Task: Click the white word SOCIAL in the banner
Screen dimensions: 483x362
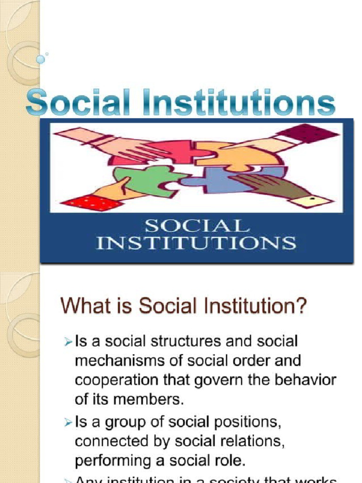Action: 197,226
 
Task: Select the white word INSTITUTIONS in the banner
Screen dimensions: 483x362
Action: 196,243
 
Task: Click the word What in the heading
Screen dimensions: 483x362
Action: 83,307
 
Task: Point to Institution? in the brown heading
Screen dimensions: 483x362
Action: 257,307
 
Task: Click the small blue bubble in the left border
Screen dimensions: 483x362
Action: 41,59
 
